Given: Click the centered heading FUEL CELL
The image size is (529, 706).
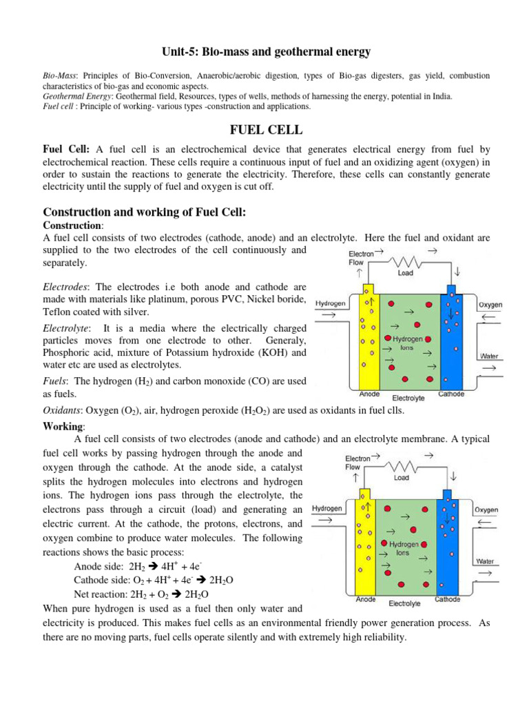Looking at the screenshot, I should (264, 130).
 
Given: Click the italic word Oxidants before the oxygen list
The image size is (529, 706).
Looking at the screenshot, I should (65, 410).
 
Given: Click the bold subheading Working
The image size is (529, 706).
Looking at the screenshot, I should (62, 425).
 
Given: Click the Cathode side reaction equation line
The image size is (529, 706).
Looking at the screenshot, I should (153, 581).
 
